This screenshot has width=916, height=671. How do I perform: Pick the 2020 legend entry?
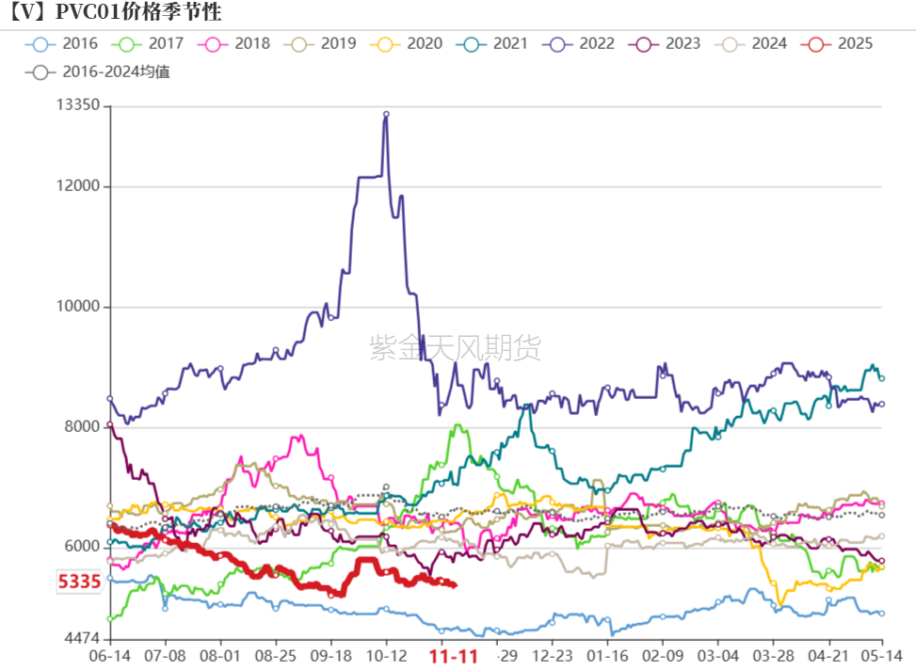tap(409, 43)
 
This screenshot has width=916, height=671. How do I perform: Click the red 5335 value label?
tap(79, 582)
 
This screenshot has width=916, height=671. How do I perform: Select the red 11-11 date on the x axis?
tap(454, 656)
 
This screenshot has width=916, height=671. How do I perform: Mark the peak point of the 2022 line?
tap(386, 114)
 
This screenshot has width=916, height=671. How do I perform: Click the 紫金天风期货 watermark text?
tap(456, 348)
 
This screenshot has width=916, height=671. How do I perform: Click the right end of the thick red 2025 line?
tap(455, 585)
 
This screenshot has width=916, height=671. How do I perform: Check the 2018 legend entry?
tap(235, 43)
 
